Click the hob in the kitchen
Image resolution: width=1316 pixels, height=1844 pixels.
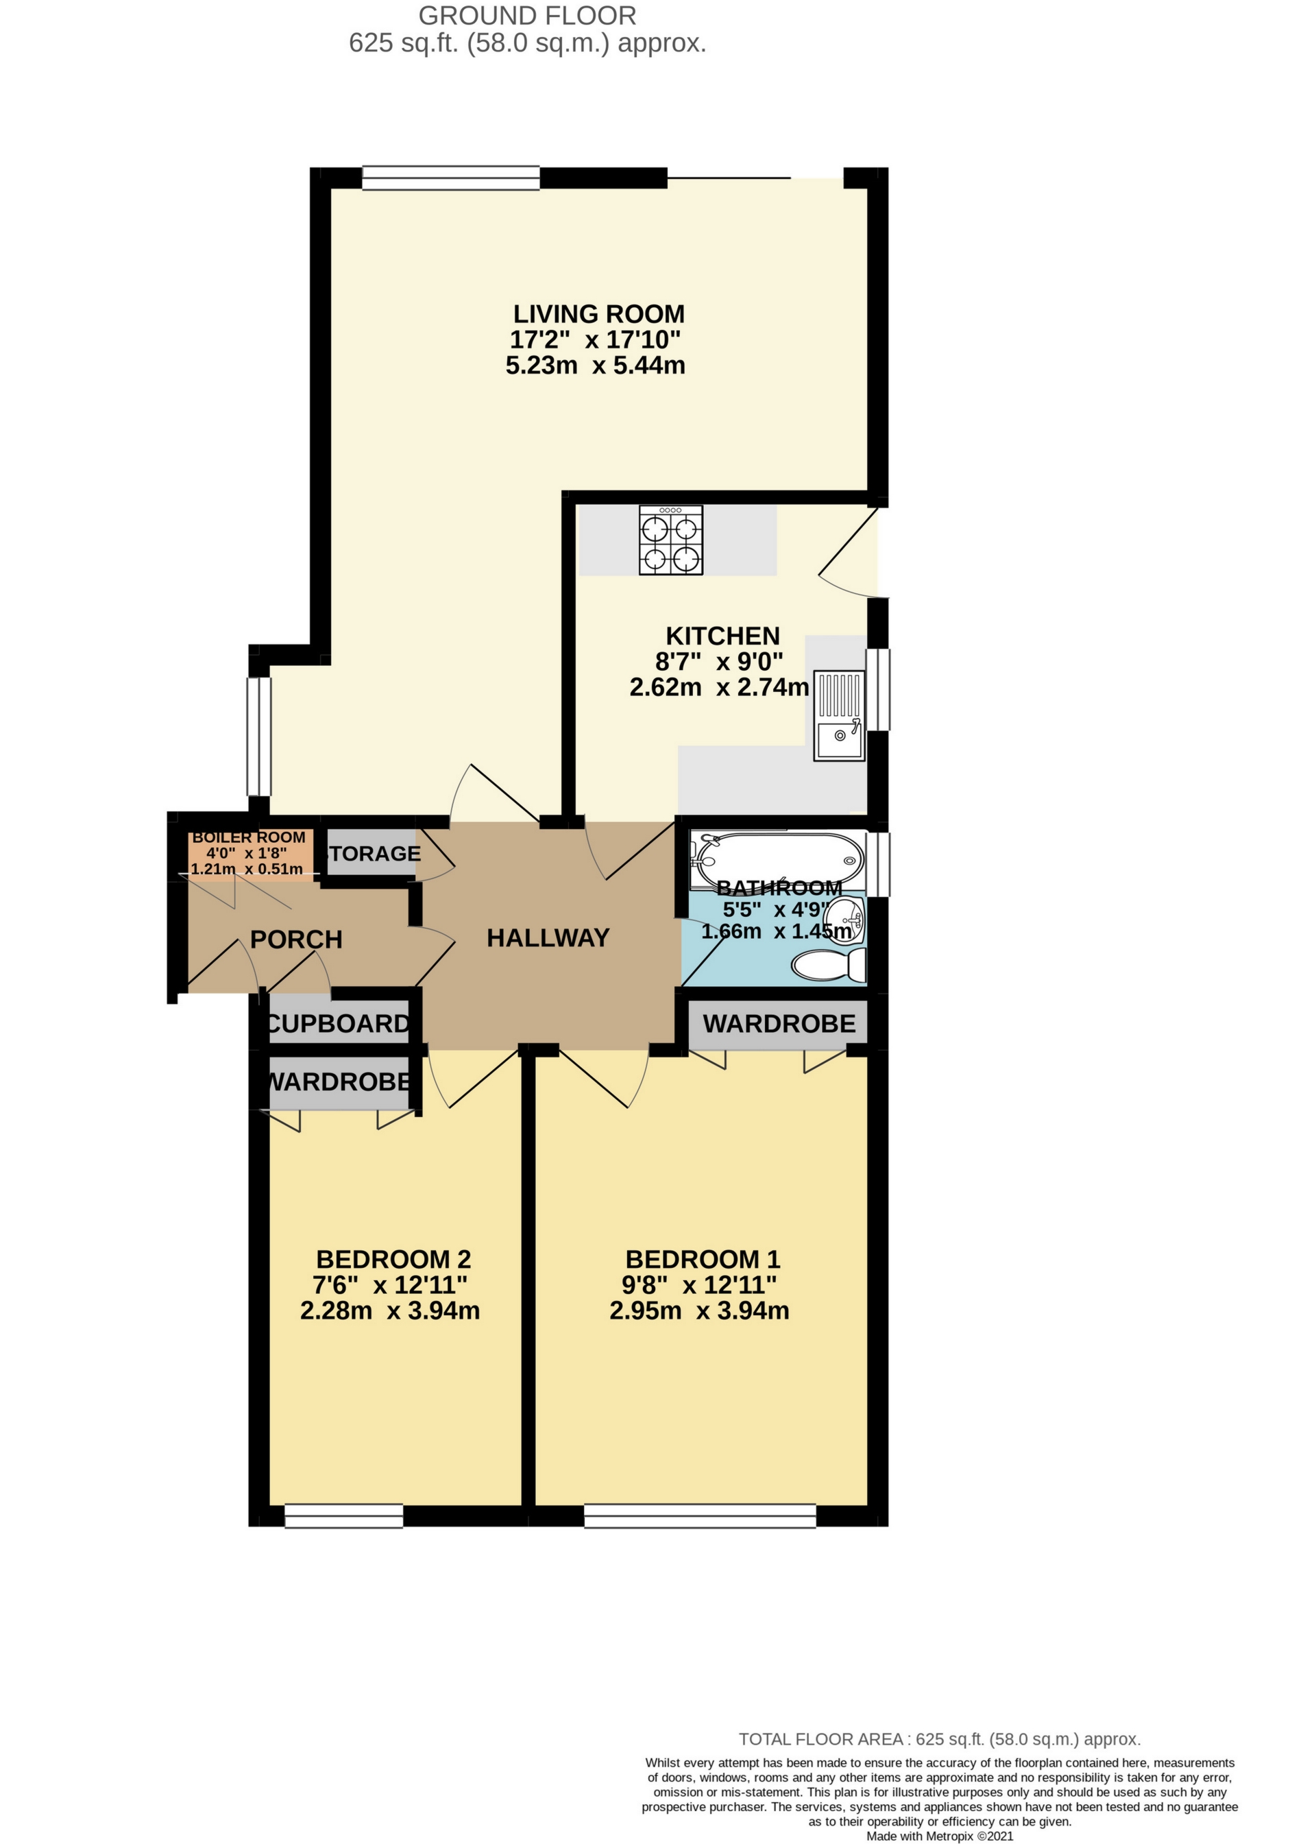click(x=671, y=540)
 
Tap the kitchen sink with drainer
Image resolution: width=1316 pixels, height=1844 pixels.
click(x=840, y=716)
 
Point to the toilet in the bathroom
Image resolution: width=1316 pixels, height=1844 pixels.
click(x=828, y=966)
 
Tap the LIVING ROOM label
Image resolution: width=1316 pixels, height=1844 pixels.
click(x=599, y=313)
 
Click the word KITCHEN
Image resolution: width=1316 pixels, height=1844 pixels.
click(x=723, y=636)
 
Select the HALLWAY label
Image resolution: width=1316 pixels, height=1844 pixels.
click(x=548, y=938)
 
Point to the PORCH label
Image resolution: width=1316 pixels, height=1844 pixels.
click(x=297, y=939)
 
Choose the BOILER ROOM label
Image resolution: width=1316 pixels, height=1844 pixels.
click(x=249, y=837)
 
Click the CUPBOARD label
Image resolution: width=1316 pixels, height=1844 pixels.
click(x=338, y=1024)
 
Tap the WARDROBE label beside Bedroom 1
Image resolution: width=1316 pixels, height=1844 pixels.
click(x=779, y=1024)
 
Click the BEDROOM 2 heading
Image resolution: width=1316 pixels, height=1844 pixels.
click(x=394, y=1259)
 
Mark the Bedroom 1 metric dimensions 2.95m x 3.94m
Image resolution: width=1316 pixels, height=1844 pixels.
click(x=699, y=1310)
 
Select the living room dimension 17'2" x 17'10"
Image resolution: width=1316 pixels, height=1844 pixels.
click(x=596, y=339)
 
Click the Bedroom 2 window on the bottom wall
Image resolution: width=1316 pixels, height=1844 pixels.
click(x=343, y=1516)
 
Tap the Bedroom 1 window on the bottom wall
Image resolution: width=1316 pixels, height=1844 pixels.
click(x=700, y=1516)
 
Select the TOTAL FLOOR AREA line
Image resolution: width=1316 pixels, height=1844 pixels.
click(x=940, y=1738)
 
